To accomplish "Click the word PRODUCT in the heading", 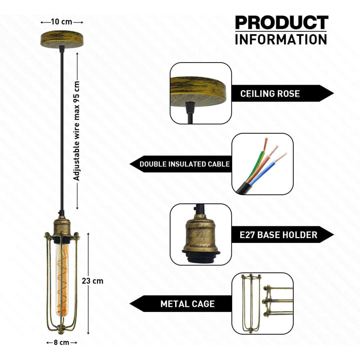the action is pyautogui.click(x=282, y=22).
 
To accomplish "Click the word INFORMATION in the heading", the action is pyautogui.click(x=281, y=39).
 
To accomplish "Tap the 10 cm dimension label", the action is pyautogui.click(x=62, y=22).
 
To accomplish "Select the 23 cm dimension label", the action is pyautogui.click(x=93, y=281).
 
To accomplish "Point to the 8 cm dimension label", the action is pyautogui.click(x=62, y=342).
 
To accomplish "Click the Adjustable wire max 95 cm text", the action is pyautogui.click(x=76, y=130).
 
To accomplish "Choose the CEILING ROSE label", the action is pyautogui.click(x=270, y=94).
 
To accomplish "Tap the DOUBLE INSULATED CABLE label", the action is pyautogui.click(x=184, y=164).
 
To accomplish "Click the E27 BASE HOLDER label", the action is pyautogui.click(x=279, y=235).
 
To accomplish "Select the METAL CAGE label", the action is pyautogui.click(x=188, y=304).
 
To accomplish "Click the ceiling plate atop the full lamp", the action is pyautogui.click(x=62, y=39).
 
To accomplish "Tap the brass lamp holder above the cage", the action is pyautogui.click(x=62, y=228).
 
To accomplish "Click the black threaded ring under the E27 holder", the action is pyautogui.click(x=201, y=256).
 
